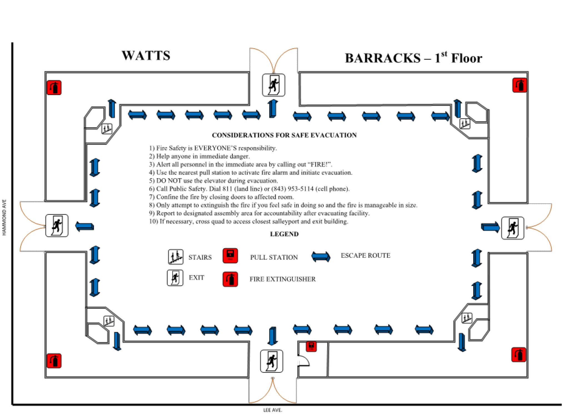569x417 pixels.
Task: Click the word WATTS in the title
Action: [146, 56]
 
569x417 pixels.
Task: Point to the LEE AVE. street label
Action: [273, 410]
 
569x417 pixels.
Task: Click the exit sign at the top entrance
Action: [274, 85]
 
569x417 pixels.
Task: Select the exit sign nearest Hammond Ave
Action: [57, 225]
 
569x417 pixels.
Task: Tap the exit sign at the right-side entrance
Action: [513, 228]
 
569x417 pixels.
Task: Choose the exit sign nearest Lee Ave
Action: [271, 361]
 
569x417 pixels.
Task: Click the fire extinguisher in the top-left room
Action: [54, 88]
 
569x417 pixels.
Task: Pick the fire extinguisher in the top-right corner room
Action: [520, 85]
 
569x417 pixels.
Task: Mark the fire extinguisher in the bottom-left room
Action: [54, 361]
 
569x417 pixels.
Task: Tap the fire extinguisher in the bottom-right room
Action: [518, 355]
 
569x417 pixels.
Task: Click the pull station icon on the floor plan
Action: [311, 346]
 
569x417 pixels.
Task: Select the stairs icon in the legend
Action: [175, 257]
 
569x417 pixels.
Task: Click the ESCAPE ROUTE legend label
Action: [365, 255]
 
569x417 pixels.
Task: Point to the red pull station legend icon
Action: [230, 255]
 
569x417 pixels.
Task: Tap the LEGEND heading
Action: [284, 234]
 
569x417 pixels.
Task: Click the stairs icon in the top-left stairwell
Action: [107, 129]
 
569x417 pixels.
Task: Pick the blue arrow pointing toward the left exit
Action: [85, 226]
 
